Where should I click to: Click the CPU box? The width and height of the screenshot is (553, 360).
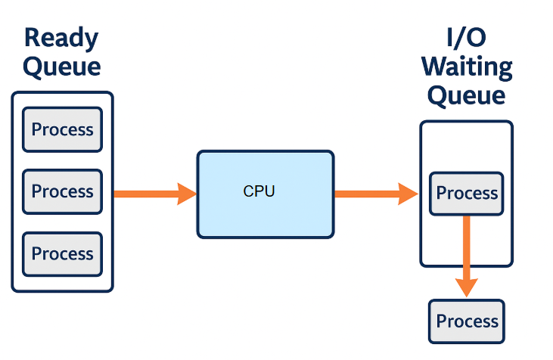pos(265,194)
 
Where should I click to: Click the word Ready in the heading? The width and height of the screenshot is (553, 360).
pos(61,38)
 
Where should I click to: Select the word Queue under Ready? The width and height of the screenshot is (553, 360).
pos(61,67)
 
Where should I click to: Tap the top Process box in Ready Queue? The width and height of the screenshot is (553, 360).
pos(62,130)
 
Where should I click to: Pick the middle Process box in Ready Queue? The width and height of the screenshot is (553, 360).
pos(62,192)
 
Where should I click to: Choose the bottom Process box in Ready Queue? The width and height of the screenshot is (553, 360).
pos(62,254)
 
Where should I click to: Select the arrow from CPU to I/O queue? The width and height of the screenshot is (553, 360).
pos(375,194)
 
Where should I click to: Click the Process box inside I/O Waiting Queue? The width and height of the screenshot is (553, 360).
pos(467,194)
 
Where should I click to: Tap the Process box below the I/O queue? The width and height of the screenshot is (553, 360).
pos(467,321)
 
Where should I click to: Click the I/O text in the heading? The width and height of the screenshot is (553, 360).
pos(467,38)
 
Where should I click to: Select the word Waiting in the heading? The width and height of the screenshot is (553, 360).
pos(467,67)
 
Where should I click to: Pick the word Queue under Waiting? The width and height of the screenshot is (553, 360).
pos(467,95)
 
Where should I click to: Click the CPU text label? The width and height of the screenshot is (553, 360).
pos(259,191)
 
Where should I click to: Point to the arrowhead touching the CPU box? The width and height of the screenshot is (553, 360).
pos(188,194)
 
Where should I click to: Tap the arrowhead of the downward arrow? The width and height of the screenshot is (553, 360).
pos(467,286)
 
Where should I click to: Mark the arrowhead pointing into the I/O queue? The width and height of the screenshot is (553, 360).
pos(409,194)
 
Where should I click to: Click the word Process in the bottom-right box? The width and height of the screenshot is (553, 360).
pos(467,321)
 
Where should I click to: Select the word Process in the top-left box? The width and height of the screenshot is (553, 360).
pos(62,130)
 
